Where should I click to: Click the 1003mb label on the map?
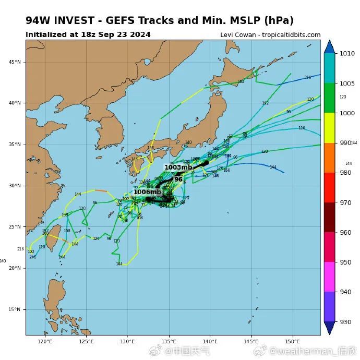(178, 167)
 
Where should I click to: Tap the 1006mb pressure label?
(148, 192)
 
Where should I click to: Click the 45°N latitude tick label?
(15, 62)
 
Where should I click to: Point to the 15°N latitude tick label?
(15, 309)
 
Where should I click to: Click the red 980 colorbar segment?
(330, 187)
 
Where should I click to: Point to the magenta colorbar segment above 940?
(330, 277)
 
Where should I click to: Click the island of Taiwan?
(51, 242)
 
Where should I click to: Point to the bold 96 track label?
(178, 179)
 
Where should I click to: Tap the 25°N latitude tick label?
(15, 227)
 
